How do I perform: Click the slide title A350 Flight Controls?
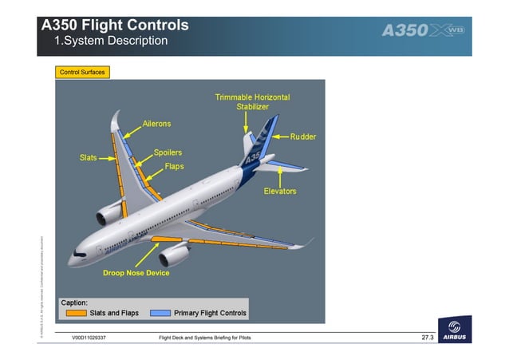(115, 25)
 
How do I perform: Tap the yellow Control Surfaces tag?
(81, 72)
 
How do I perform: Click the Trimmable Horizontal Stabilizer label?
(252, 101)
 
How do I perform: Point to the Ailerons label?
(156, 125)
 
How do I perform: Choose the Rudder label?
(302, 136)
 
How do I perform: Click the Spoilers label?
(168, 152)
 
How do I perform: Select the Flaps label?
(174, 167)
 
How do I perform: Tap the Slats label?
(88, 157)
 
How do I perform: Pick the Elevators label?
(280, 192)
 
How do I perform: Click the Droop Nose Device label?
(136, 273)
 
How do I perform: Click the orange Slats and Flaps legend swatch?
(77, 313)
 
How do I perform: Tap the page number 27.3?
(427, 338)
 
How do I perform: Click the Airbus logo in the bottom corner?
(454, 332)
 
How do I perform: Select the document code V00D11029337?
(89, 339)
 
